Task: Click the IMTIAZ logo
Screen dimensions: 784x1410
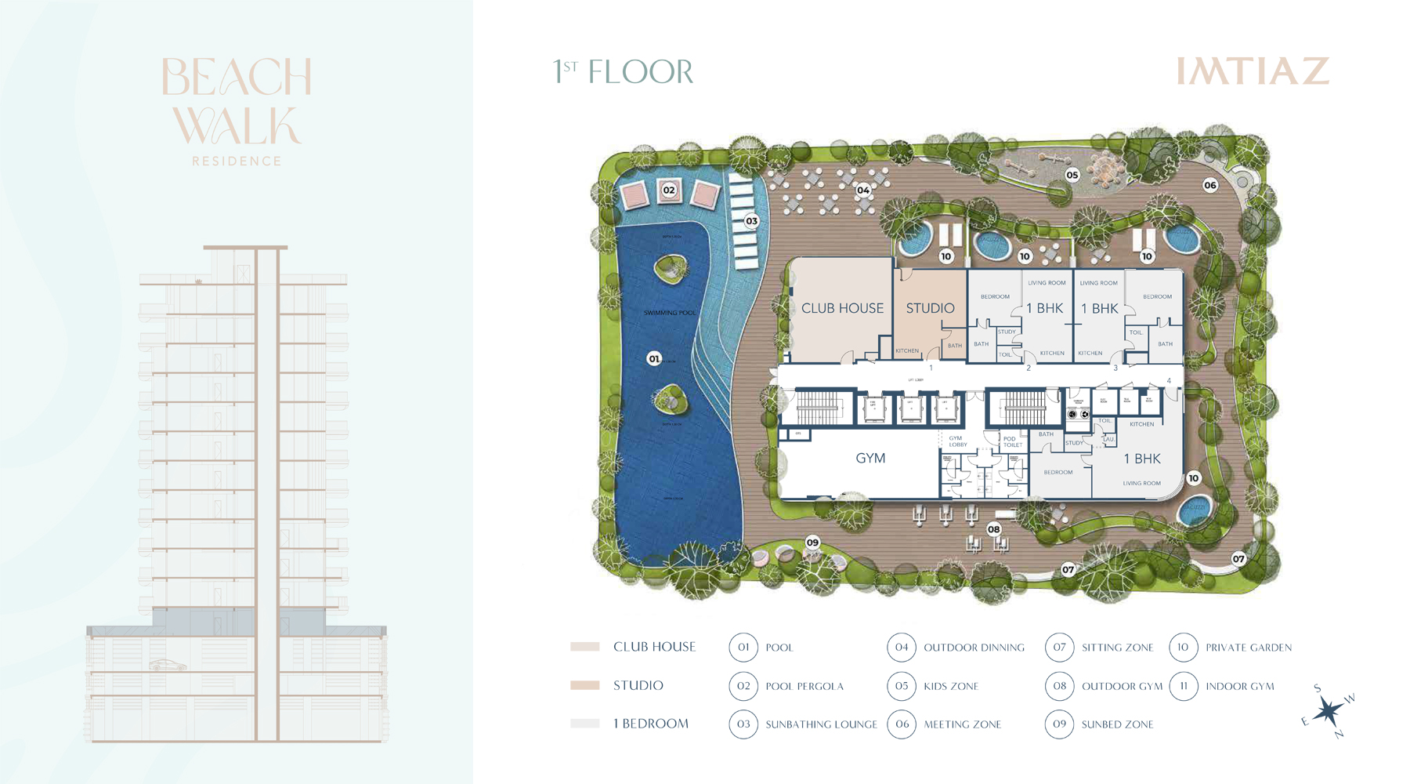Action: click(x=1253, y=71)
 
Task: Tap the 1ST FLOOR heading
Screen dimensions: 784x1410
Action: click(x=624, y=72)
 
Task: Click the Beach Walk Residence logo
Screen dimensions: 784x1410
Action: click(x=237, y=110)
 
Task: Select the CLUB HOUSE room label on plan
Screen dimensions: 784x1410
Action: click(x=842, y=308)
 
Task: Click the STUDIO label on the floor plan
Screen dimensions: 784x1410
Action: click(x=930, y=308)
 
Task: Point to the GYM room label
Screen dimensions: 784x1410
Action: click(x=870, y=459)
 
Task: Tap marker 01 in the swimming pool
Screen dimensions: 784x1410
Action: click(x=654, y=359)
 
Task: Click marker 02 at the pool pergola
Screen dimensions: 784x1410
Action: click(x=669, y=190)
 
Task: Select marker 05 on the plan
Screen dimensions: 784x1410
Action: click(x=1072, y=175)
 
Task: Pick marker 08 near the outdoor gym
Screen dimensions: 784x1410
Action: click(x=994, y=529)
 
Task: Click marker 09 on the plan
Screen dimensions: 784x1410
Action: click(x=812, y=543)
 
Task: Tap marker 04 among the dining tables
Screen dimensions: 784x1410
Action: click(x=863, y=190)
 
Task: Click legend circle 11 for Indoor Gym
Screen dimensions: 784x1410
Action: click(x=1184, y=686)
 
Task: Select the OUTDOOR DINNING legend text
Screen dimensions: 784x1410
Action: click(x=974, y=648)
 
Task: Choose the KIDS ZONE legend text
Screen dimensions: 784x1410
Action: click(x=951, y=686)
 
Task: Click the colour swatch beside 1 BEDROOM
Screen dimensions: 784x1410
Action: click(x=585, y=724)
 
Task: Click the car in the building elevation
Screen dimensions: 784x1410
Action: click(x=168, y=666)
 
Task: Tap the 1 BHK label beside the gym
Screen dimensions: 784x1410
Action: click(x=1142, y=459)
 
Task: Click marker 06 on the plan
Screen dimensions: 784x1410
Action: click(x=1210, y=185)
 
